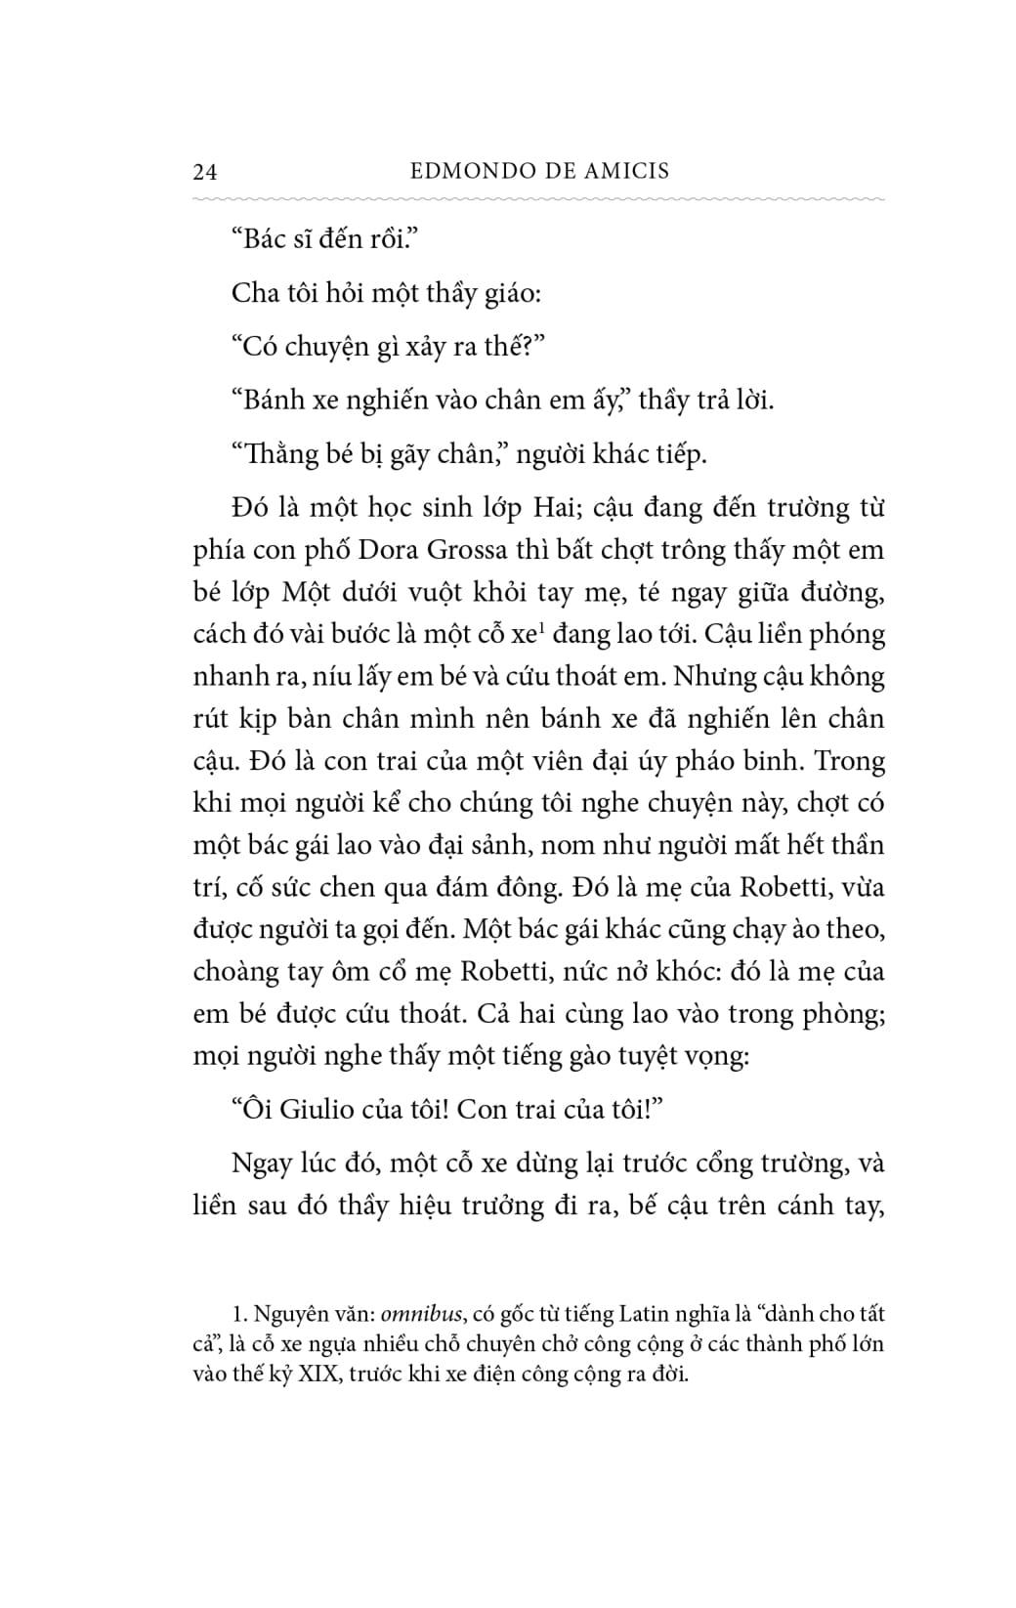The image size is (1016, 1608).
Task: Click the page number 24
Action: [x=205, y=172]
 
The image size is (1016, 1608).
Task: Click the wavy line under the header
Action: [x=539, y=197]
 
